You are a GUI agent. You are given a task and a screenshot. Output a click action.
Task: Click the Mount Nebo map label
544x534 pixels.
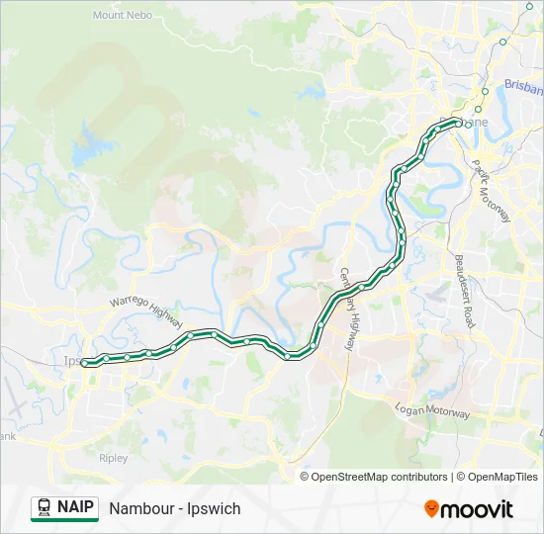pyautogui.click(x=122, y=15)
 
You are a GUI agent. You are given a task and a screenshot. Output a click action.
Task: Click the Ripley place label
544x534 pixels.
pyautogui.click(x=114, y=459)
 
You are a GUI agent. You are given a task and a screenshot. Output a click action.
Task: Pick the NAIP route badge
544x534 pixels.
pyautogui.click(x=64, y=508)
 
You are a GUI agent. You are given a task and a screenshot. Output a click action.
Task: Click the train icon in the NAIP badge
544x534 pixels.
pyautogui.click(x=45, y=508)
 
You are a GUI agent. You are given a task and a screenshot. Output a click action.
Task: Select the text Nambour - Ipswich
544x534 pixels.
pyautogui.click(x=175, y=508)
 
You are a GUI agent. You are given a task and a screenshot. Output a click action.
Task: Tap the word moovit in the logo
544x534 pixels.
pyautogui.click(x=477, y=509)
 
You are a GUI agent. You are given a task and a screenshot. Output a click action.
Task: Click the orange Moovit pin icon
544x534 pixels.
pyautogui.click(x=431, y=509)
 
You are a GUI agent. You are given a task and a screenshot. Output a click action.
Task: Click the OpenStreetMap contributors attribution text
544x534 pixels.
pyautogui.click(x=380, y=477)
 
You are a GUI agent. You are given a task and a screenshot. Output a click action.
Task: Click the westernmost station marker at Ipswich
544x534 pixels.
pyautogui.click(x=84, y=363)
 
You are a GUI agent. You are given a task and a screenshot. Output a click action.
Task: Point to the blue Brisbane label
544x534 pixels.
pyautogui.click(x=522, y=86)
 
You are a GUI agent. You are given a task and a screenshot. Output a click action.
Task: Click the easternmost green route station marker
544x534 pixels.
pyautogui.click(x=457, y=122)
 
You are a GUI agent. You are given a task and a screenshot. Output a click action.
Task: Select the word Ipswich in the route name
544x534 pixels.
pyautogui.click(x=214, y=508)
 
